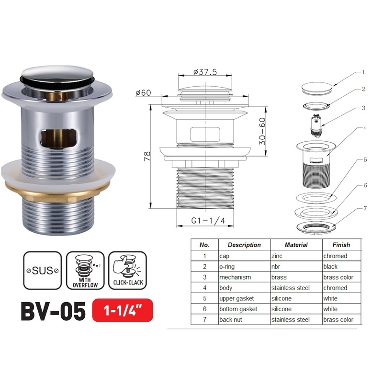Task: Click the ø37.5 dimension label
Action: [205, 72]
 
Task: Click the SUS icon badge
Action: [42, 270]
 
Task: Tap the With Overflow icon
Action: [85, 270]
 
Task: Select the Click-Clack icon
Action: [127, 270]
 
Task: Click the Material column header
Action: [296, 245]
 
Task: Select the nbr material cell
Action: [277, 267]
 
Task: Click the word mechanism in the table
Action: [235, 277]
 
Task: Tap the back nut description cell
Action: [232, 319]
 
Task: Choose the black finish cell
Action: [330, 267]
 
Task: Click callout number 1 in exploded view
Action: [363, 72]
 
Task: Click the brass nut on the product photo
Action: [58, 190]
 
